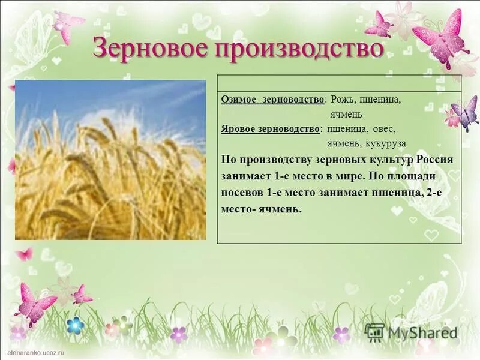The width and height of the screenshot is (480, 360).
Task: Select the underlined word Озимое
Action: (238, 100)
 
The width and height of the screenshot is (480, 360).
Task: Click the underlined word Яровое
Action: (238, 128)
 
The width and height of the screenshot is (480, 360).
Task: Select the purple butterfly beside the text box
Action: (466, 112)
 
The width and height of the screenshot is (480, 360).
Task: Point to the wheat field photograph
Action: (110, 160)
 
